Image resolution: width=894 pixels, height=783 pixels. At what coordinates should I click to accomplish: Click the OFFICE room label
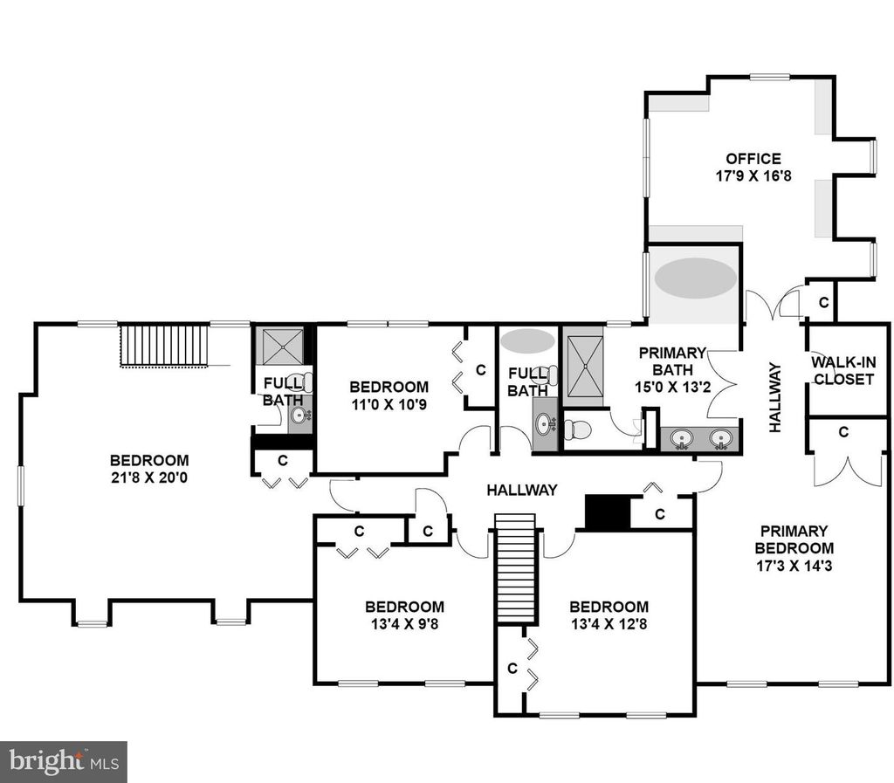click(x=753, y=158)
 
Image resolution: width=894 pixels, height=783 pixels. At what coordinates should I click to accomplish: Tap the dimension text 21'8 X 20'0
click(x=149, y=477)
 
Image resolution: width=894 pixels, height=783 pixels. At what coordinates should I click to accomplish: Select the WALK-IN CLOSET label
click(x=843, y=370)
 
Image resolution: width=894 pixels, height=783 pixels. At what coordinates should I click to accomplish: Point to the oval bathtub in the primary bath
click(x=695, y=278)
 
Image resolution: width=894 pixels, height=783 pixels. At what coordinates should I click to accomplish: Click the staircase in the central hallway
click(x=516, y=569)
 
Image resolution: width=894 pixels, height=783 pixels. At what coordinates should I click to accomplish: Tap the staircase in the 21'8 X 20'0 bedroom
click(x=165, y=346)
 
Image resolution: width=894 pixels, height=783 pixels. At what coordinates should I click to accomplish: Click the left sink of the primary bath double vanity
click(x=681, y=439)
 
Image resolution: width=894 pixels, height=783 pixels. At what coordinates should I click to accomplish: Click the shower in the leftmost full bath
click(x=282, y=347)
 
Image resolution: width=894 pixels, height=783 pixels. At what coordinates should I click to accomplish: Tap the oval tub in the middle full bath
click(x=527, y=340)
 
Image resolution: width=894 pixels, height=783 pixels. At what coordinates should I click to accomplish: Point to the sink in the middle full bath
click(x=546, y=424)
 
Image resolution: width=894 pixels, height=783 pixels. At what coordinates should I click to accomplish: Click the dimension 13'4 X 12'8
click(x=609, y=624)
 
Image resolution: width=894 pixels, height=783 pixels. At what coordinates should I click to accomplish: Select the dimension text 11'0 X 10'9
click(x=389, y=404)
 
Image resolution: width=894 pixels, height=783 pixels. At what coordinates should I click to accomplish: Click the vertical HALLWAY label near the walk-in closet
click(x=774, y=397)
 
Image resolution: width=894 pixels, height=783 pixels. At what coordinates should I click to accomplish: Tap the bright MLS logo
click(x=63, y=762)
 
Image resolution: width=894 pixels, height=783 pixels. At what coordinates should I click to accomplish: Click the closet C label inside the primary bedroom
click(x=844, y=433)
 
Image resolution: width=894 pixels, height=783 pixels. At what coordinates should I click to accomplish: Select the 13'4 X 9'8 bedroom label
click(x=405, y=615)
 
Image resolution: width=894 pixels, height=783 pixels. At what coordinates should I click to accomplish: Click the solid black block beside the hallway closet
click(x=608, y=512)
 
